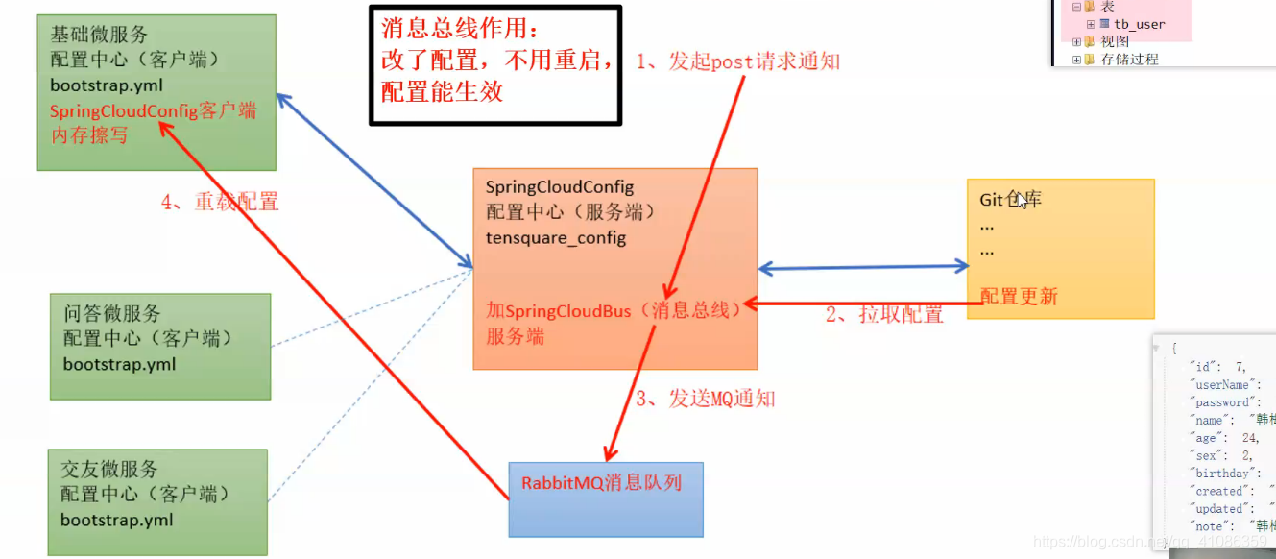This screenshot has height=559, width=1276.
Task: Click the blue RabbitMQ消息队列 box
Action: click(x=605, y=499)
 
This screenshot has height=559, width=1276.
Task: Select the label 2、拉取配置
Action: click(x=884, y=314)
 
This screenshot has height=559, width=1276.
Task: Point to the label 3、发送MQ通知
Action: click(x=705, y=399)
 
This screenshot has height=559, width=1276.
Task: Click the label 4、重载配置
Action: click(x=220, y=202)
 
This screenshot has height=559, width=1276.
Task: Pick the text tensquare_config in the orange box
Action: click(x=556, y=237)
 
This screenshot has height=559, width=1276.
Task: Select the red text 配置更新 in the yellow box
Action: click(x=1019, y=296)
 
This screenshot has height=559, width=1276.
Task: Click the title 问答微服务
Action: click(x=112, y=313)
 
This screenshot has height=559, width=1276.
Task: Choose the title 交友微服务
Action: click(x=109, y=469)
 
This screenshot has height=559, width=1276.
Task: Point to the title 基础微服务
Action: click(x=99, y=35)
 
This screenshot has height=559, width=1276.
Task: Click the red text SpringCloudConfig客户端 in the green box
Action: click(x=153, y=110)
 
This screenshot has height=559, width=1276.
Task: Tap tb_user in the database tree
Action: click(x=1140, y=24)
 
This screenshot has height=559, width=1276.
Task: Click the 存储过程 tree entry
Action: click(x=1129, y=59)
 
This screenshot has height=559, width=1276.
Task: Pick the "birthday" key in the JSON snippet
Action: click(x=1220, y=473)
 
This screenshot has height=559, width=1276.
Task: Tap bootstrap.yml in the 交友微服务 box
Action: click(x=117, y=520)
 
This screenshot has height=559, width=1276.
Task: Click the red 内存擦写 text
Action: click(x=89, y=135)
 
